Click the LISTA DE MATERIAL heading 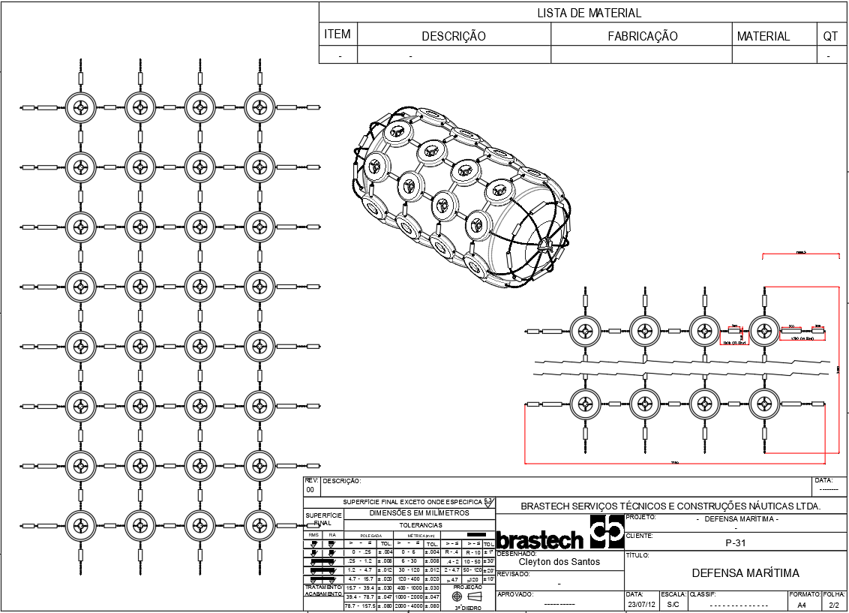[589, 13]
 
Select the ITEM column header [337, 35]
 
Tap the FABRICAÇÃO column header [642, 36]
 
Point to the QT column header [829, 36]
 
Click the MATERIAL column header [763, 36]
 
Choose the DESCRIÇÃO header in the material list [454, 36]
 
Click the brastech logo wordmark [540, 540]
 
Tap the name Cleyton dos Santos [559, 562]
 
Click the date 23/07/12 [641, 604]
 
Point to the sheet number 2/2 [834, 604]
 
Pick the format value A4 [802, 604]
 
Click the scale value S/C [673, 604]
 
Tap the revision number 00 [310, 488]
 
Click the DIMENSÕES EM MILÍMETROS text [419, 513]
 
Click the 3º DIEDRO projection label [468, 608]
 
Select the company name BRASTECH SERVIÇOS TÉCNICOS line [670, 506]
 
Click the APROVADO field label [515, 593]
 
